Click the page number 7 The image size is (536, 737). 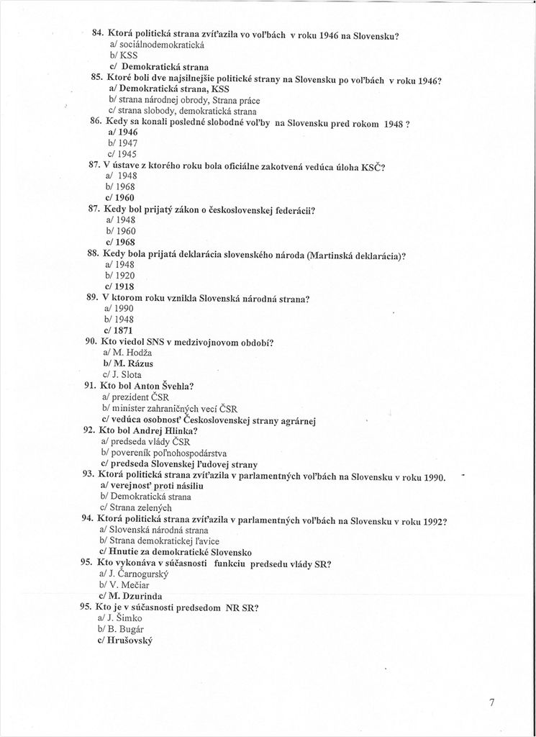tap(491, 703)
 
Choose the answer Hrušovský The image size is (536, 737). tap(127, 641)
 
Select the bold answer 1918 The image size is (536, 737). tap(119, 286)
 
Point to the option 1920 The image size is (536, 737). tap(119, 276)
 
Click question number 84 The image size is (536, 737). tap(99, 34)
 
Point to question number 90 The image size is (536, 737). tap(92, 341)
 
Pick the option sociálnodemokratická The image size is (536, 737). tap(157, 45)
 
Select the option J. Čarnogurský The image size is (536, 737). tap(137, 574)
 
